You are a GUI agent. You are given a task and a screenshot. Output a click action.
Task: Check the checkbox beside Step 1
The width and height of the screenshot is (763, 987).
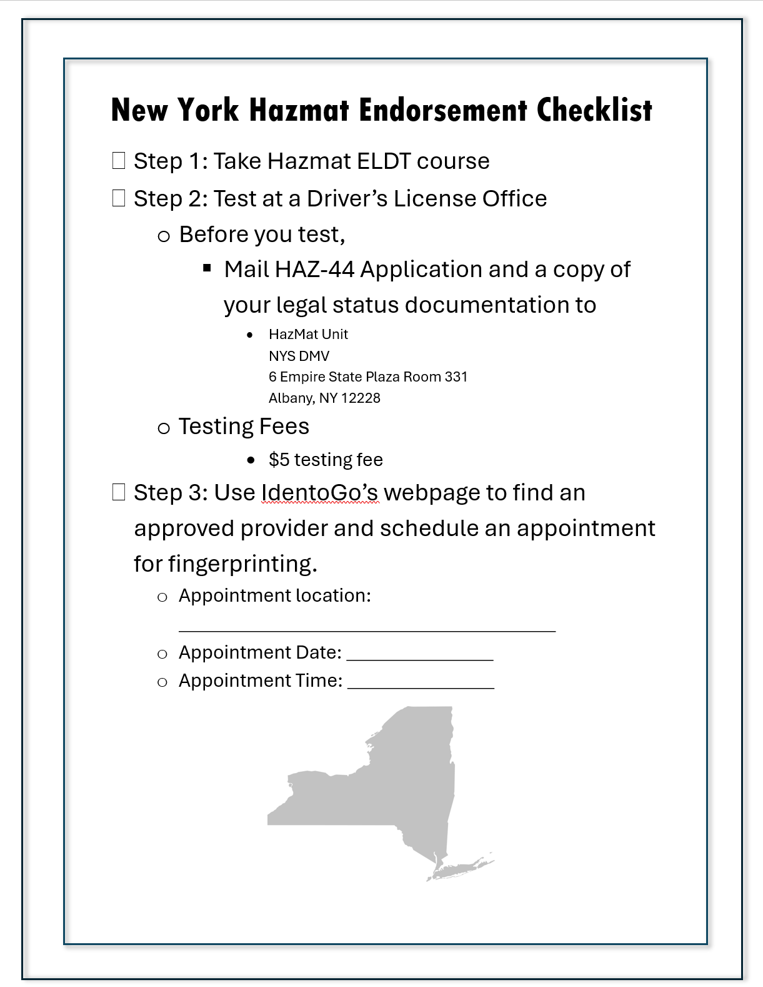[119, 161]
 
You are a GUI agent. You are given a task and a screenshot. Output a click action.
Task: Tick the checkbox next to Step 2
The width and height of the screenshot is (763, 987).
[119, 198]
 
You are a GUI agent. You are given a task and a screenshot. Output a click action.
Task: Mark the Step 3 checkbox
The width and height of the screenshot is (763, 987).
[119, 492]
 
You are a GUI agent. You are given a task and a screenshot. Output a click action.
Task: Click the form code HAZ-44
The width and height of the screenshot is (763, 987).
[314, 270]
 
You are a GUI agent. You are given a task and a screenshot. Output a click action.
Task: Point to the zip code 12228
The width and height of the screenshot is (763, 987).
[361, 398]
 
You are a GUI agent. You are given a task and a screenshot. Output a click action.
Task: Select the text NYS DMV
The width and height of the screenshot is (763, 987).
[299, 356]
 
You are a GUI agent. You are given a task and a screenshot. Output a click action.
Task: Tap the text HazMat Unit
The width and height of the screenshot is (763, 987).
[308, 334]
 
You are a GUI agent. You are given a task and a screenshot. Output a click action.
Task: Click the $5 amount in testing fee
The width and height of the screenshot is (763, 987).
[279, 460]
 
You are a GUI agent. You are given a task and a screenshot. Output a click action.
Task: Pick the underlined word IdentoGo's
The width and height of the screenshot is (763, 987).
[319, 493]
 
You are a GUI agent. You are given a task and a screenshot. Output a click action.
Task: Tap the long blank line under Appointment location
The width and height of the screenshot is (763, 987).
[367, 628]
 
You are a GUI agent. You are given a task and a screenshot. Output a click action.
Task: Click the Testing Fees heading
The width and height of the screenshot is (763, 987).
[244, 427]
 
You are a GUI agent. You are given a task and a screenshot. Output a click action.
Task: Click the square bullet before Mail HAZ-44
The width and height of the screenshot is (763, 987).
[207, 268]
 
